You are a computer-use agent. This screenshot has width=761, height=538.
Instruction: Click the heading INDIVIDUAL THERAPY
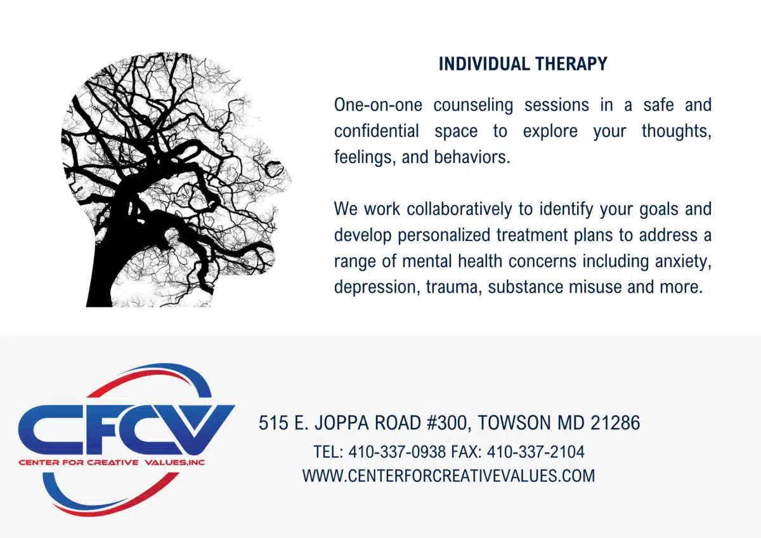(523, 64)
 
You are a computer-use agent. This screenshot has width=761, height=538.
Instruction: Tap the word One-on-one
(378, 105)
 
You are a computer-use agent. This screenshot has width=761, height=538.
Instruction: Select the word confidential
(377, 131)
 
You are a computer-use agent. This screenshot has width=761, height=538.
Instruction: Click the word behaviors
(472, 157)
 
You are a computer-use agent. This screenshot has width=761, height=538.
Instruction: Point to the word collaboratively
(459, 209)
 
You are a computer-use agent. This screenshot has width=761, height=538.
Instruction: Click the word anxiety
(683, 261)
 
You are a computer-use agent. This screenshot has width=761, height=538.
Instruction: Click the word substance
(526, 287)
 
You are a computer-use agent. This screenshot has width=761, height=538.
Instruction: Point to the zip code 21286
(615, 423)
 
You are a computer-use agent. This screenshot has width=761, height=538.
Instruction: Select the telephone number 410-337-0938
(397, 452)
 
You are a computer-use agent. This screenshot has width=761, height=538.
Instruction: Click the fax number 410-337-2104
(536, 452)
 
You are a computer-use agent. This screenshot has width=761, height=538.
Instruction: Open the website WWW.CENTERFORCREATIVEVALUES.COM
(449, 475)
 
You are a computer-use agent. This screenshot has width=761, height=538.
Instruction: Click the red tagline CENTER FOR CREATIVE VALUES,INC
(112, 463)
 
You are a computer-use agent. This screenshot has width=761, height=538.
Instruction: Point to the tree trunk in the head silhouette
(103, 268)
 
